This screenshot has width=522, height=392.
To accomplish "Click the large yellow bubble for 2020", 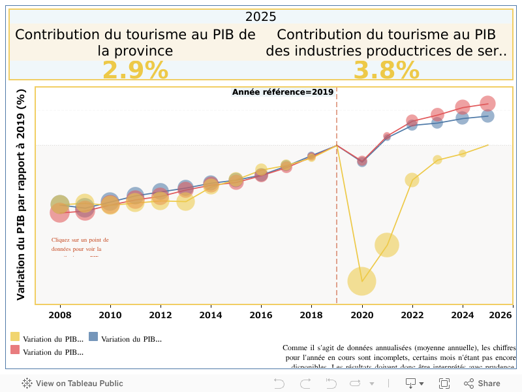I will tap(362, 281).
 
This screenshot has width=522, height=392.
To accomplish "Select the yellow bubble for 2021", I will tap(387, 245).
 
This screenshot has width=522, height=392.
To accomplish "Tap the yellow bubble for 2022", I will tap(412, 180).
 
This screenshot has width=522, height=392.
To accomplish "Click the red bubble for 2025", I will tap(487, 103).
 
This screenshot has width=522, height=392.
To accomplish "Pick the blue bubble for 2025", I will tap(487, 116).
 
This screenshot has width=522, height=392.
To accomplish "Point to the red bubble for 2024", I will tap(463, 107).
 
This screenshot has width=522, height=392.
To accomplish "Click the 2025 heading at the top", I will tap(261, 17).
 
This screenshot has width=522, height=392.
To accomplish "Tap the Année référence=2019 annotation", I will tap(283, 92).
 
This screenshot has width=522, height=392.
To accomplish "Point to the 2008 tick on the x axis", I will tap(60, 315).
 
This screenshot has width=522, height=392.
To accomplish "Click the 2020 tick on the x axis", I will tap(362, 315).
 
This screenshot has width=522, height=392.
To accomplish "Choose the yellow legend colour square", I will tap(15, 337).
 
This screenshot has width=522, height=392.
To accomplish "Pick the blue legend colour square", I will tap(93, 337).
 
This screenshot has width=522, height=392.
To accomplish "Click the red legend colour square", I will tap(15, 350).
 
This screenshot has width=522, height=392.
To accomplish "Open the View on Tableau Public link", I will tap(72, 384).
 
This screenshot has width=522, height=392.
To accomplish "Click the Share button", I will tap(482, 384).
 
